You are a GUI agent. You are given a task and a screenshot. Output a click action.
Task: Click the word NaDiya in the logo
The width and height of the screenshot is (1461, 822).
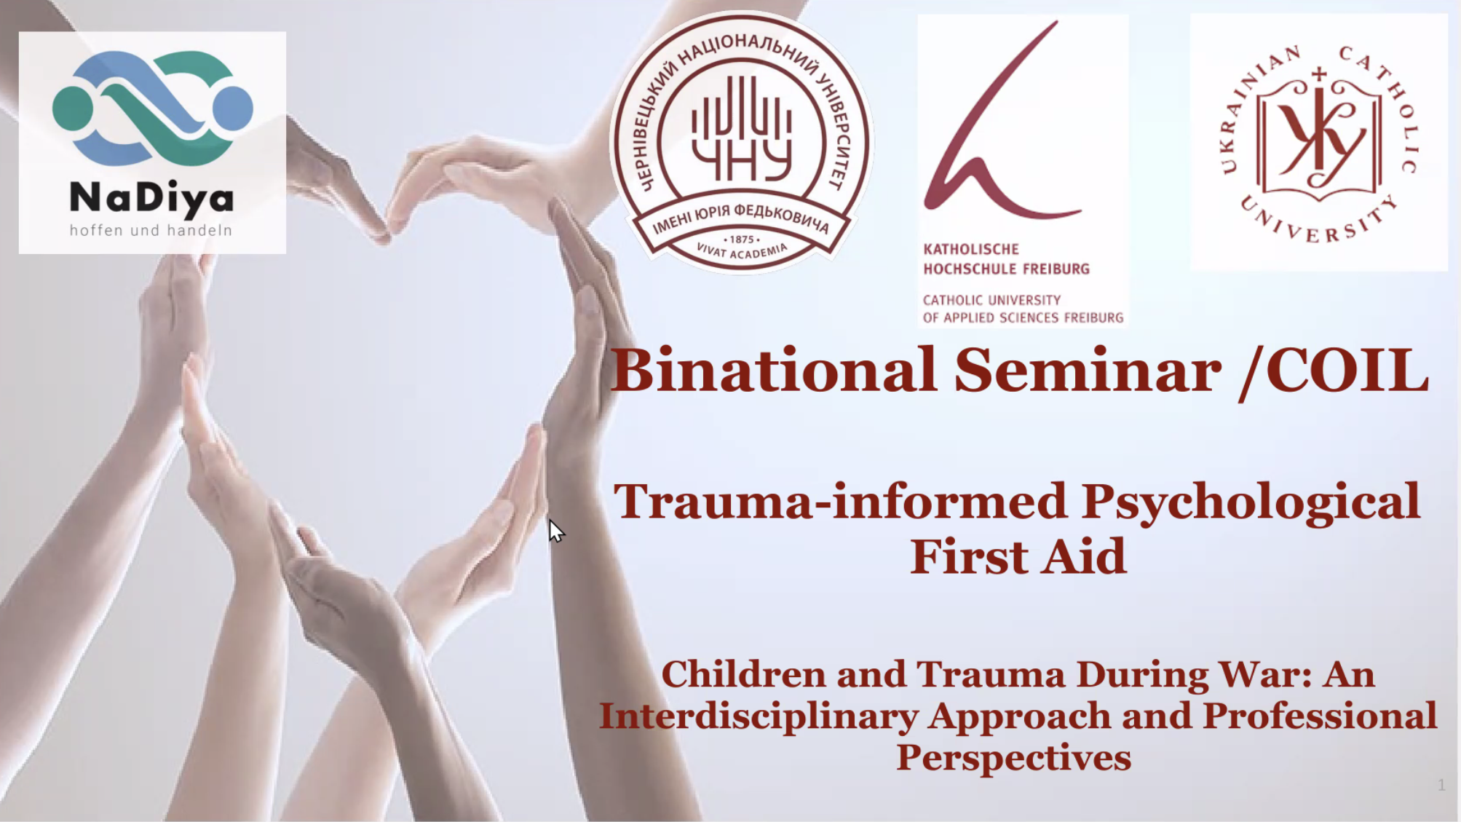(x=151, y=198)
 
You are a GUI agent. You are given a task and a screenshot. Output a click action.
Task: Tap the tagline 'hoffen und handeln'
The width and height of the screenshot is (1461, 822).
(x=151, y=231)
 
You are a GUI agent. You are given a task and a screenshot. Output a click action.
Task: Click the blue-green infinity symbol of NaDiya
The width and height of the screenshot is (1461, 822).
(x=152, y=108)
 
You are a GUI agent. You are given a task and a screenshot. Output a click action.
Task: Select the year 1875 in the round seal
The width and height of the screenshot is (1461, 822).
(x=742, y=239)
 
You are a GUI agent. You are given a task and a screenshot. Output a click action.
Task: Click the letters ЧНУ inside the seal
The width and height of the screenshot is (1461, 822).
(x=742, y=160)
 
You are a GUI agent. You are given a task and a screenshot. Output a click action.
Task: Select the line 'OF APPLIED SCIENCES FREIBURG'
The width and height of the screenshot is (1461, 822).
(x=1023, y=318)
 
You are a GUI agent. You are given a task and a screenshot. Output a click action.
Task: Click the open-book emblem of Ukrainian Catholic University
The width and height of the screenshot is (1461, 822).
(x=1318, y=138)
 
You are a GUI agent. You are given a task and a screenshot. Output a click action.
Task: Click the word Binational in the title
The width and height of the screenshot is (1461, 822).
(x=772, y=371)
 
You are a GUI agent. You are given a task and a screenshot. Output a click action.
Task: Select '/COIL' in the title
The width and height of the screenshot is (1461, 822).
(x=1333, y=371)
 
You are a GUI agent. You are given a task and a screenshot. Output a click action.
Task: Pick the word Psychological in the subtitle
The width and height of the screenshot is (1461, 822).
(x=1250, y=502)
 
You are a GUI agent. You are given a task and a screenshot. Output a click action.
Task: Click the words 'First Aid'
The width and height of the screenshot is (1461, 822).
(x=1018, y=557)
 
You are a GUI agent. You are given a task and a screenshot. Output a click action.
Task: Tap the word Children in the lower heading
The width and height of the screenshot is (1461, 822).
(x=743, y=674)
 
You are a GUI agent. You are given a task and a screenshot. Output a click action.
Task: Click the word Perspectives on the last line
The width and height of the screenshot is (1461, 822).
(x=1013, y=757)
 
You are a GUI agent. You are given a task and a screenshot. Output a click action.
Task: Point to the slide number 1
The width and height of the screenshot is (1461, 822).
(x=1441, y=785)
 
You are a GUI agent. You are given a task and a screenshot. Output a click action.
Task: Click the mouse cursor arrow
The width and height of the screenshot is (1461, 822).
(x=555, y=531)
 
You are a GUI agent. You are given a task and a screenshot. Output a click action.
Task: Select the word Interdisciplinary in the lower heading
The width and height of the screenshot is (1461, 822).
(x=758, y=716)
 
